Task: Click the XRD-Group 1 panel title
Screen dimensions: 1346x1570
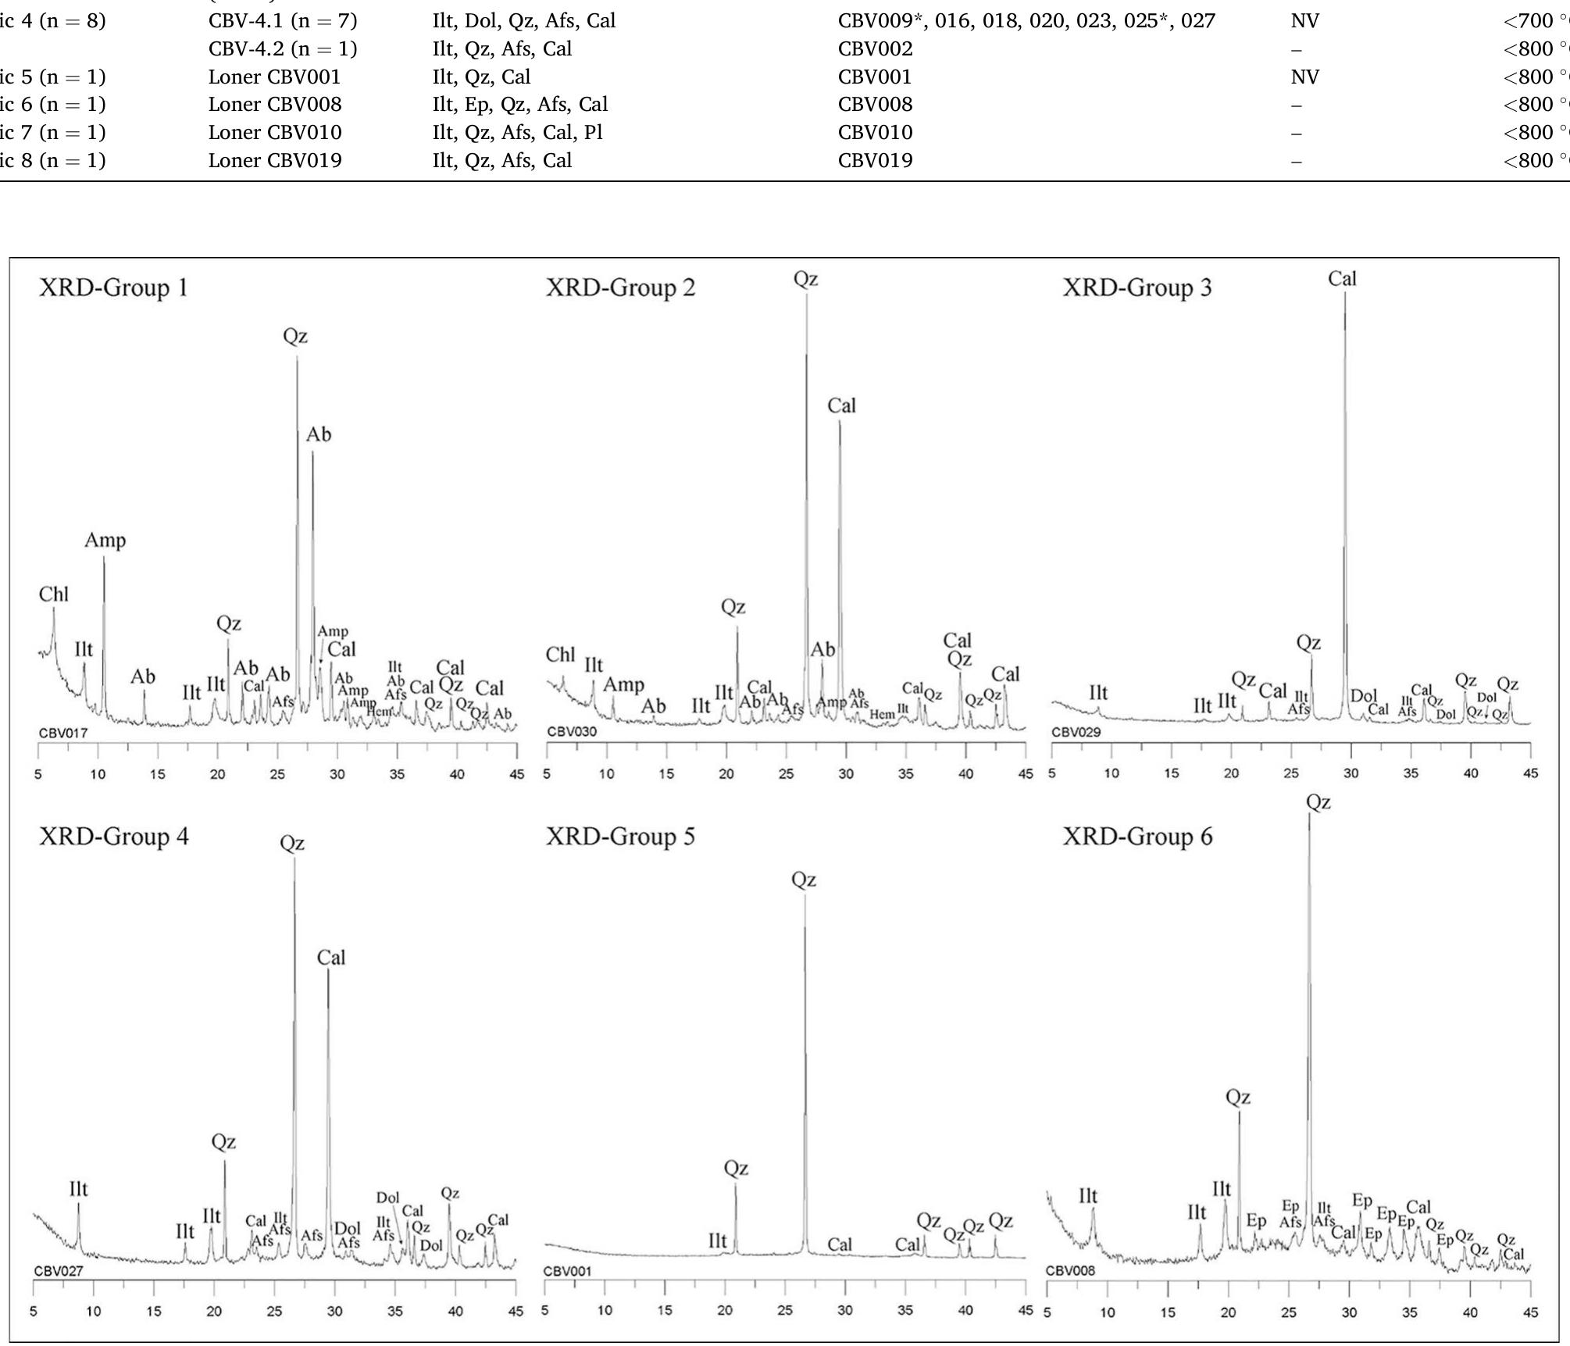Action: pyautogui.click(x=114, y=287)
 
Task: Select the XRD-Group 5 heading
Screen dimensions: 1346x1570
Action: pyautogui.click(x=620, y=837)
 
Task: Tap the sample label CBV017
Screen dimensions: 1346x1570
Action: pyautogui.click(x=63, y=733)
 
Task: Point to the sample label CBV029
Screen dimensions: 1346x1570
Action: pyautogui.click(x=1076, y=732)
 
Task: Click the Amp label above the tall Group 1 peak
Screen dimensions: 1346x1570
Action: pyautogui.click(x=105, y=540)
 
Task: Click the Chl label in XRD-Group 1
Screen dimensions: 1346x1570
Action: pyautogui.click(x=54, y=594)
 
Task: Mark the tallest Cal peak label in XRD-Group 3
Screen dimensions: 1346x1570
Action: pyautogui.click(x=1342, y=279)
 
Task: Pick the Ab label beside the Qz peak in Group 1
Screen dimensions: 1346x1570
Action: pyautogui.click(x=319, y=434)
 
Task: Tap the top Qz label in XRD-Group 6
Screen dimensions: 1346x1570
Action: pyautogui.click(x=1318, y=802)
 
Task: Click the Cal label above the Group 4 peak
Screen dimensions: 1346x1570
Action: pyautogui.click(x=331, y=957)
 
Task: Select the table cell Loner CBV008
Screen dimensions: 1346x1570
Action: pyautogui.click(x=275, y=104)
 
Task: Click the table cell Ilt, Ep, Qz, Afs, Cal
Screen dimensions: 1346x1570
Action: pyautogui.click(x=520, y=104)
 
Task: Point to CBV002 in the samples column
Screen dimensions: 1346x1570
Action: pyautogui.click(x=875, y=48)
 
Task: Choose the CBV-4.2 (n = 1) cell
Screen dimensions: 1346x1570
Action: pyautogui.click(x=283, y=48)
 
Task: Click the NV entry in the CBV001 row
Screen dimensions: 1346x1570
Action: pyautogui.click(x=1304, y=77)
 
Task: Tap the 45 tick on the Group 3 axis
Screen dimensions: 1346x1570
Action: pyautogui.click(x=1530, y=773)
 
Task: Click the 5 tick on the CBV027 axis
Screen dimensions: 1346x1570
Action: pyautogui.click(x=34, y=1312)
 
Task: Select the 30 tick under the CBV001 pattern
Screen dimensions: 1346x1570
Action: pyautogui.click(x=845, y=1310)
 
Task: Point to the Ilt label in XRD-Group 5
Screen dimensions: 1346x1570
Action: pyautogui.click(x=717, y=1241)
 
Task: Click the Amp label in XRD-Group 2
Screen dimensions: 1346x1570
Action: pyautogui.click(x=623, y=685)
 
